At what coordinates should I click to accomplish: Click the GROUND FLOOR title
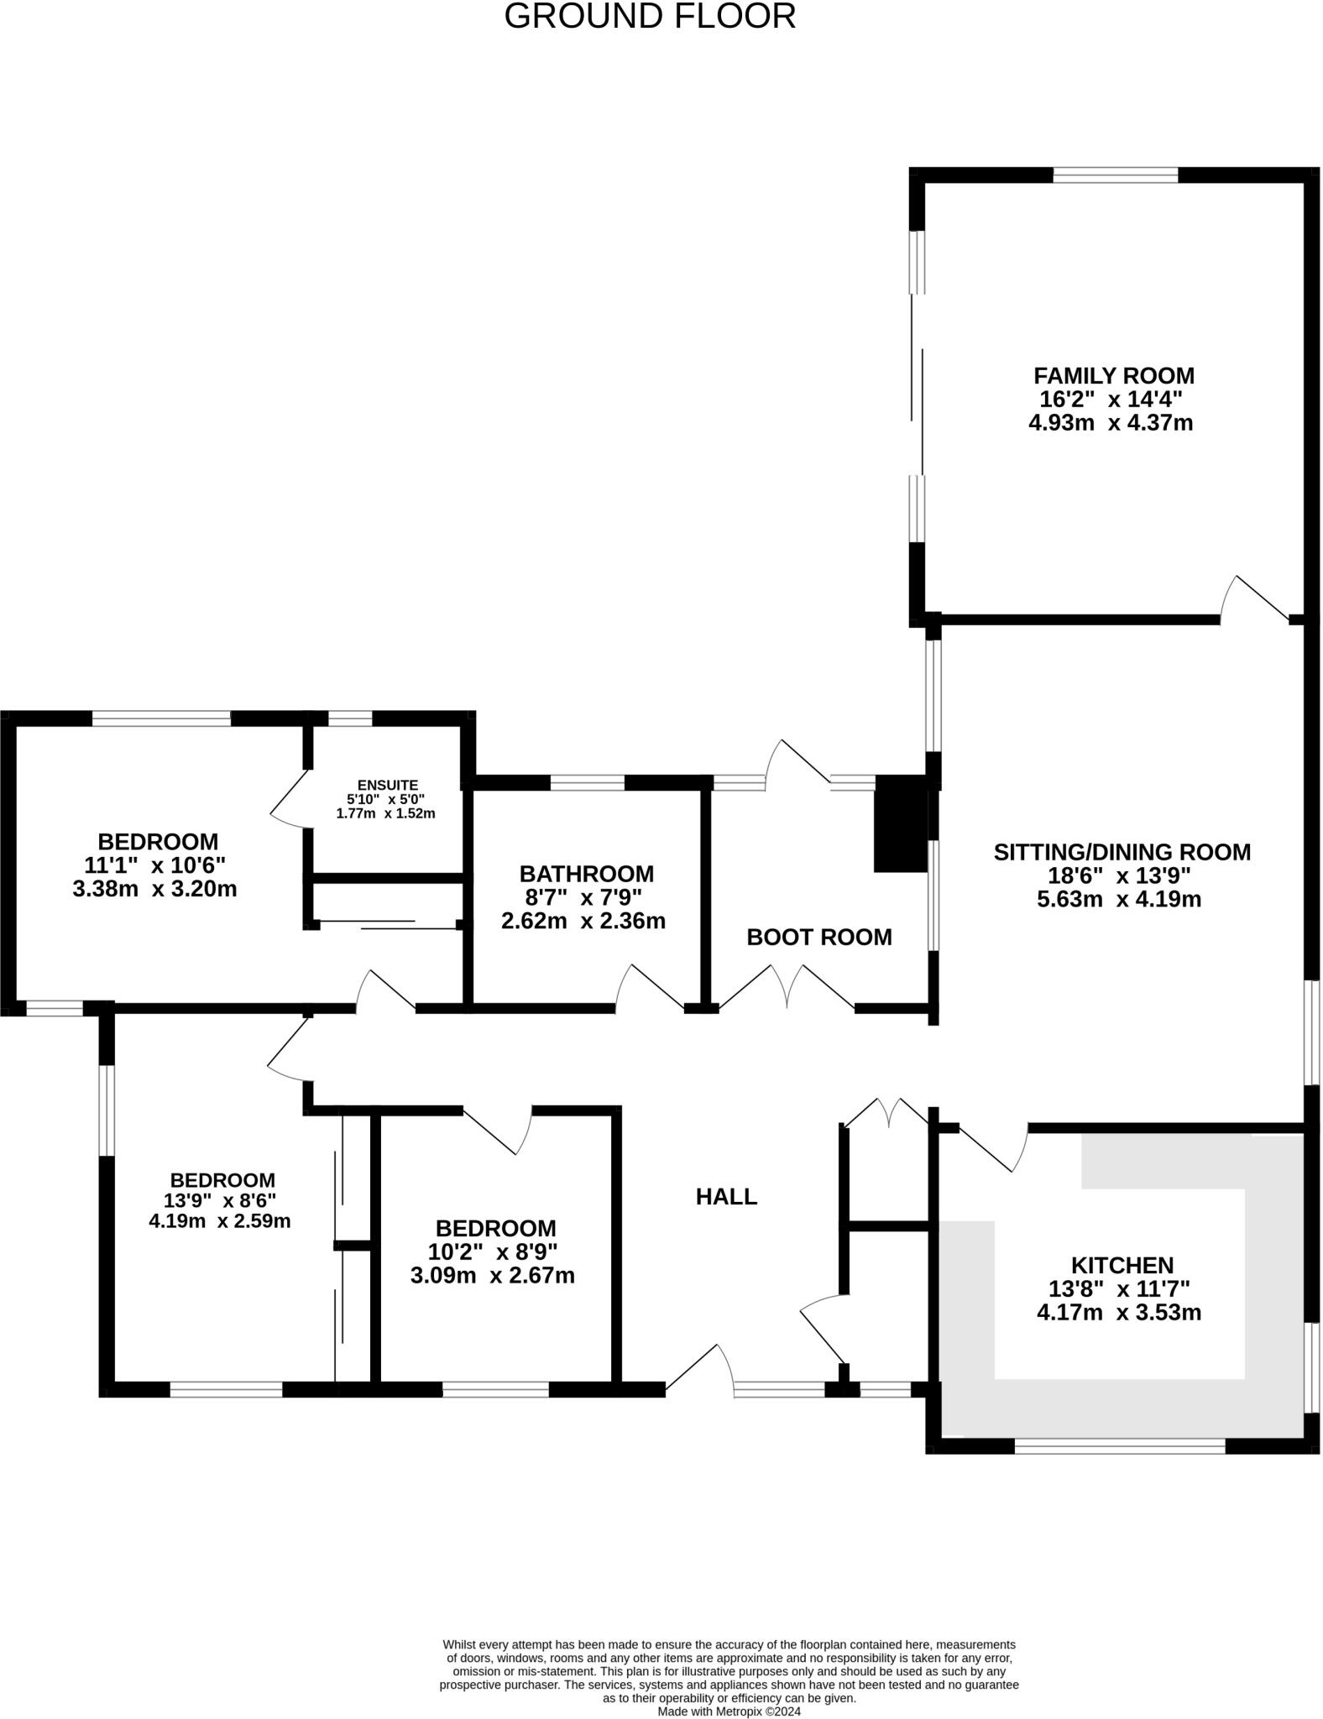pos(650,17)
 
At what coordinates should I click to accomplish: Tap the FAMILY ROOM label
pos(1113,375)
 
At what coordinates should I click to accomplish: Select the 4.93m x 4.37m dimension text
pos(1110,422)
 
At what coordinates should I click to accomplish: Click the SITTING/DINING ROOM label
pos(1122,852)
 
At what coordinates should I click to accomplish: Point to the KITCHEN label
pos(1122,1264)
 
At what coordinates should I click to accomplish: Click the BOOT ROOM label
pos(818,937)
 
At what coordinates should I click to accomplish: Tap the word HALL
pos(726,1197)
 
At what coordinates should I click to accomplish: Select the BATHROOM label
pos(586,874)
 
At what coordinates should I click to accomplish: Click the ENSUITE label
pos(387,786)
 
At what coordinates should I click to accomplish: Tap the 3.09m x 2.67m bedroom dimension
pos(492,1276)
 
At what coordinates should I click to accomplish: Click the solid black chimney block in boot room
pos(900,823)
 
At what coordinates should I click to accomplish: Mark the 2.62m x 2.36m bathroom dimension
pos(583,922)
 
